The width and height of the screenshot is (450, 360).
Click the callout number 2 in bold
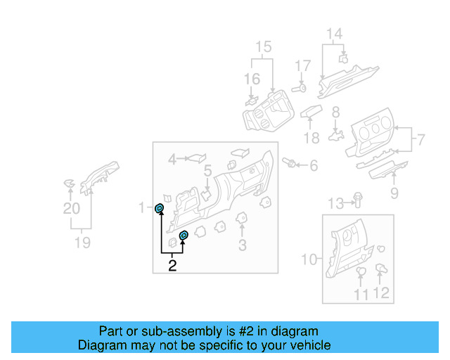coord(172,265)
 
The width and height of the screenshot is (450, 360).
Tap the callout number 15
coord(263,48)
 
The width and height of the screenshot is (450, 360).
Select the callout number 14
coord(334,33)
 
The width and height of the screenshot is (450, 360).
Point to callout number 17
coord(302,66)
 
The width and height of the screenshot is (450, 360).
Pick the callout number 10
coord(309,259)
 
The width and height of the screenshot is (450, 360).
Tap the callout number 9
coord(394,193)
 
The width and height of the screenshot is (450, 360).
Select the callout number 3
coord(242,245)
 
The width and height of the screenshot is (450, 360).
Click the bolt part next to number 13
coord(357,199)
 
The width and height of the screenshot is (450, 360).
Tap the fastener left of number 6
coord(288,163)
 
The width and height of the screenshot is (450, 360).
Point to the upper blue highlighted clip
coord(160,207)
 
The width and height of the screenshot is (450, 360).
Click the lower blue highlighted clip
coord(184,235)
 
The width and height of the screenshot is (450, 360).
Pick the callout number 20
coord(72,208)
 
